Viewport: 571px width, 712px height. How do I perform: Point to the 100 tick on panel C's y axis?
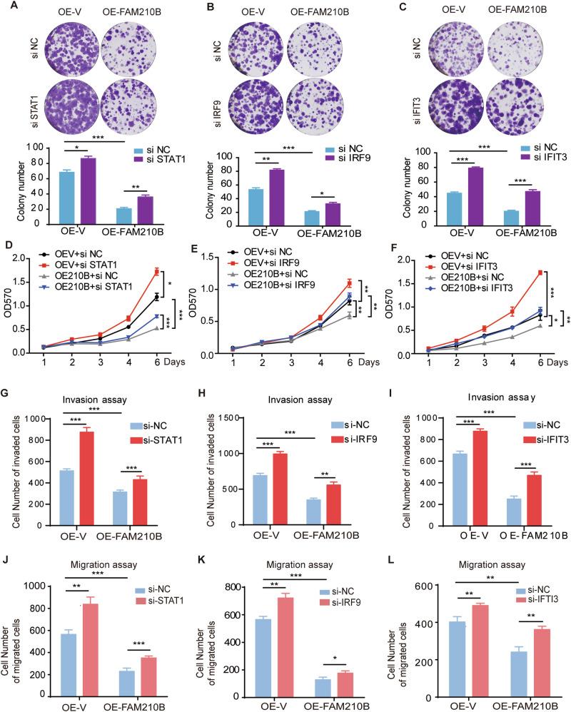click(x=408, y=152)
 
